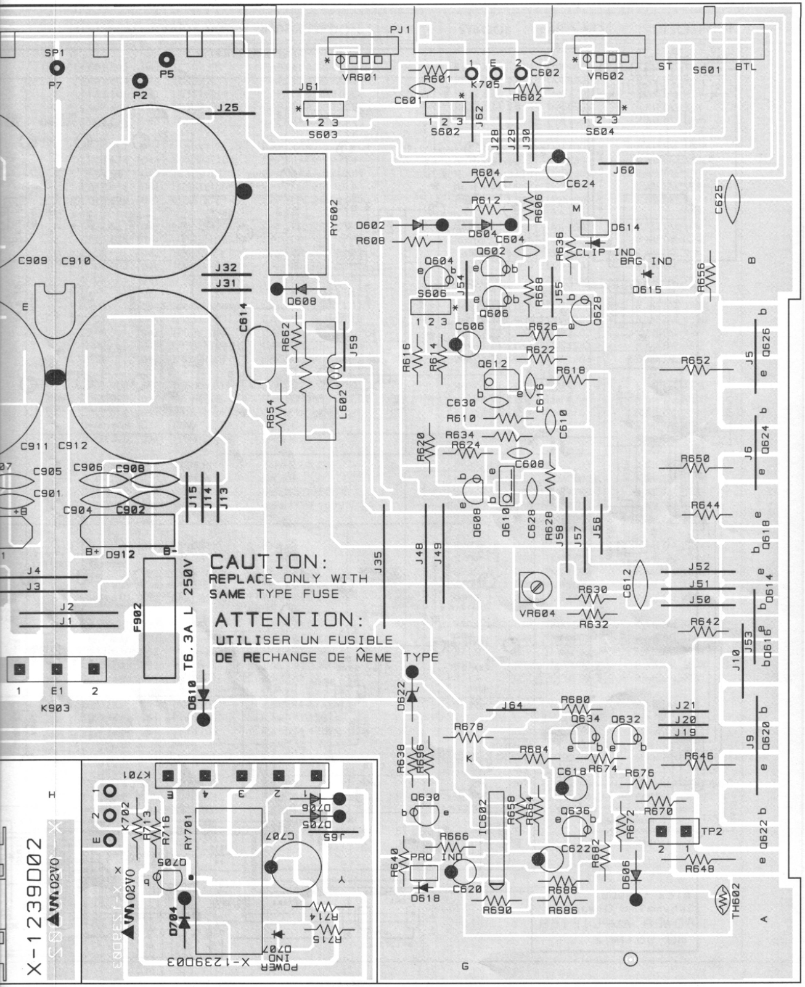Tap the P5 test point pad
(x=166, y=60)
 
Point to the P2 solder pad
(x=141, y=81)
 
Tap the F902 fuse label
(x=137, y=617)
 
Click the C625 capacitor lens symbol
(x=732, y=199)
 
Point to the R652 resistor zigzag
(x=697, y=370)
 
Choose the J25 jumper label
(x=227, y=107)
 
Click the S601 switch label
(x=706, y=70)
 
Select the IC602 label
(x=482, y=818)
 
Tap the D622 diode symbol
(x=412, y=696)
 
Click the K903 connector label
(x=55, y=708)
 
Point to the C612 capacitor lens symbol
(x=640, y=584)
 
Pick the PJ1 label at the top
(x=400, y=29)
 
